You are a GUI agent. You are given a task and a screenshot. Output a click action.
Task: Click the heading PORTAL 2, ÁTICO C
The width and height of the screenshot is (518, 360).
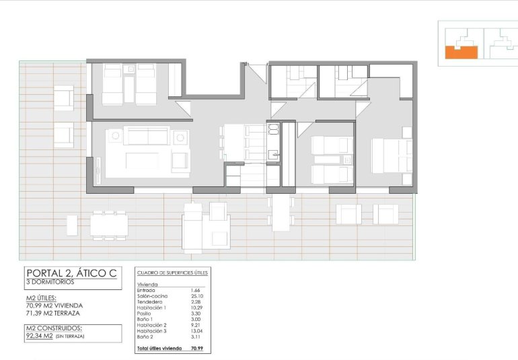pos(71,273)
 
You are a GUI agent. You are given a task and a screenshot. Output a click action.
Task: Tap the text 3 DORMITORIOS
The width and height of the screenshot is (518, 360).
pos(50,282)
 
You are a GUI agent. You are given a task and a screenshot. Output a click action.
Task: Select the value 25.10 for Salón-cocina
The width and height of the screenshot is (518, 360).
pos(198,296)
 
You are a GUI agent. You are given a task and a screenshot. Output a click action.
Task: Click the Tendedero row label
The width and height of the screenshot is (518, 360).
pos(149,302)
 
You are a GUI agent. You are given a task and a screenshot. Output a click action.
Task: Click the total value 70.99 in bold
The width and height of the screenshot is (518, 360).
pos(197,349)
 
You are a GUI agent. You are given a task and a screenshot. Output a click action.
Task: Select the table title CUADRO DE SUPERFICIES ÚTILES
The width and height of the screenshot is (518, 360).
pos(173,273)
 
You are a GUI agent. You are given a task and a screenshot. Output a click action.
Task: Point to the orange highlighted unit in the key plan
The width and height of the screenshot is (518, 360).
pos(461,51)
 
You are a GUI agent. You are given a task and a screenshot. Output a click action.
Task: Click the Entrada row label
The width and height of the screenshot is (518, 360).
pos(145,290)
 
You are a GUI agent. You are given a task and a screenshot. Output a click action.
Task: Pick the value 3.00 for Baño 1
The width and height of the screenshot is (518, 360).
pos(196,320)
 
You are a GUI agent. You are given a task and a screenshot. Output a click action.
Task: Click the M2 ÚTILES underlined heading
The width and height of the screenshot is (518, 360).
pos(41,297)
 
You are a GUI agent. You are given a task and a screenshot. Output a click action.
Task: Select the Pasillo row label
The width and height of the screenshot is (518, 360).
pos(145,314)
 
